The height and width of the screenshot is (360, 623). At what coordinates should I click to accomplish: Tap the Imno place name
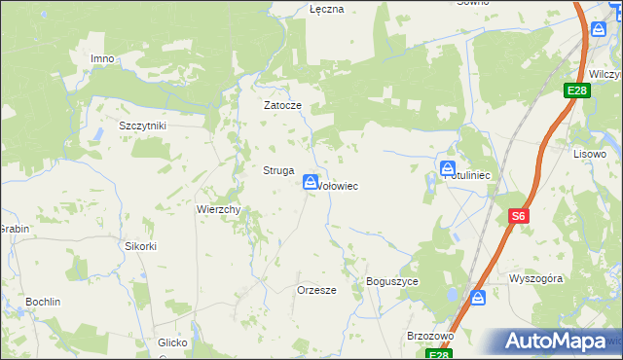[102, 58]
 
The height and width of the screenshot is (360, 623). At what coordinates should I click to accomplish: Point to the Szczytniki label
[143, 126]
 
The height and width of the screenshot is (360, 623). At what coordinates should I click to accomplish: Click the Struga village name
[278, 170]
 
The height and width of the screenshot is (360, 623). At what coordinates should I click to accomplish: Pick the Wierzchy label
[219, 209]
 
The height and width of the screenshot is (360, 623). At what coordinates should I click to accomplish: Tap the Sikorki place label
[140, 246]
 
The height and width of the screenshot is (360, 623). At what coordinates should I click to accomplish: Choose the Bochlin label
[43, 302]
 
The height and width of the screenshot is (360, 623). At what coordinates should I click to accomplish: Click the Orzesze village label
[316, 290]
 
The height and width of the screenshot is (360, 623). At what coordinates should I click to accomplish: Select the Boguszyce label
[392, 281]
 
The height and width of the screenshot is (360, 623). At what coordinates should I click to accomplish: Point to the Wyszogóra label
[536, 278]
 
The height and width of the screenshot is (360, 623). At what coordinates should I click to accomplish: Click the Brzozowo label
[431, 336]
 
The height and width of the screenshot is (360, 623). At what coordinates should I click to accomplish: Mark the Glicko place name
[179, 342]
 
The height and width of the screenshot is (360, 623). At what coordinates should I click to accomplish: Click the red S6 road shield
[519, 217]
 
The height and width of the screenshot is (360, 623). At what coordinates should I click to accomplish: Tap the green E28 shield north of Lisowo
[578, 90]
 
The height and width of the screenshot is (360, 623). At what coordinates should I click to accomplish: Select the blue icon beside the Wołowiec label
[310, 182]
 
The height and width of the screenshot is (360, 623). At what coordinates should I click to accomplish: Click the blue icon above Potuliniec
[448, 168]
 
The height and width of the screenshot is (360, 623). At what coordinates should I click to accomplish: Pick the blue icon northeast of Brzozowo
[478, 297]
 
